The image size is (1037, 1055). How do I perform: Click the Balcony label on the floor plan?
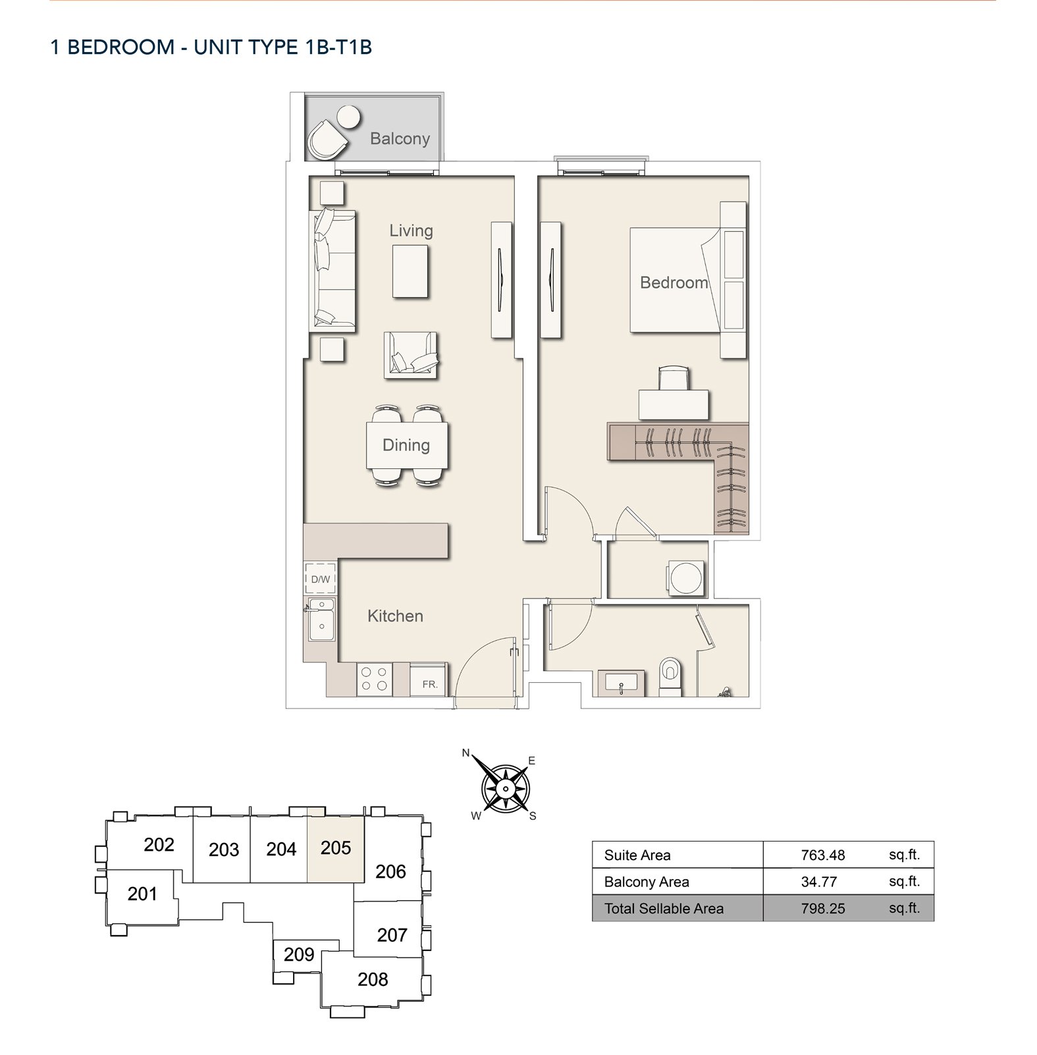click(400, 138)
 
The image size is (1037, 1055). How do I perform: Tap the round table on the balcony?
click(348, 117)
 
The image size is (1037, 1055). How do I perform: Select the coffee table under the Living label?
click(410, 271)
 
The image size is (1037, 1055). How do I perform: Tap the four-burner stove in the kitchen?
click(374, 680)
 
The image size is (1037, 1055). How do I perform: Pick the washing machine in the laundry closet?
click(686, 578)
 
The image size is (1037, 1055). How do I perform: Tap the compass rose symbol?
click(505, 788)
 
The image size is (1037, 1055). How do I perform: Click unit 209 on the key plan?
click(298, 954)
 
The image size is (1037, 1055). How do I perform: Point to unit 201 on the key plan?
click(142, 894)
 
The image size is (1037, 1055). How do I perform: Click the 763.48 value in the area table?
click(822, 855)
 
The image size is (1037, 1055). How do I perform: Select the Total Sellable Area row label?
click(664, 909)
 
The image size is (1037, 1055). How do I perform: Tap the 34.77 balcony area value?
click(818, 882)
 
